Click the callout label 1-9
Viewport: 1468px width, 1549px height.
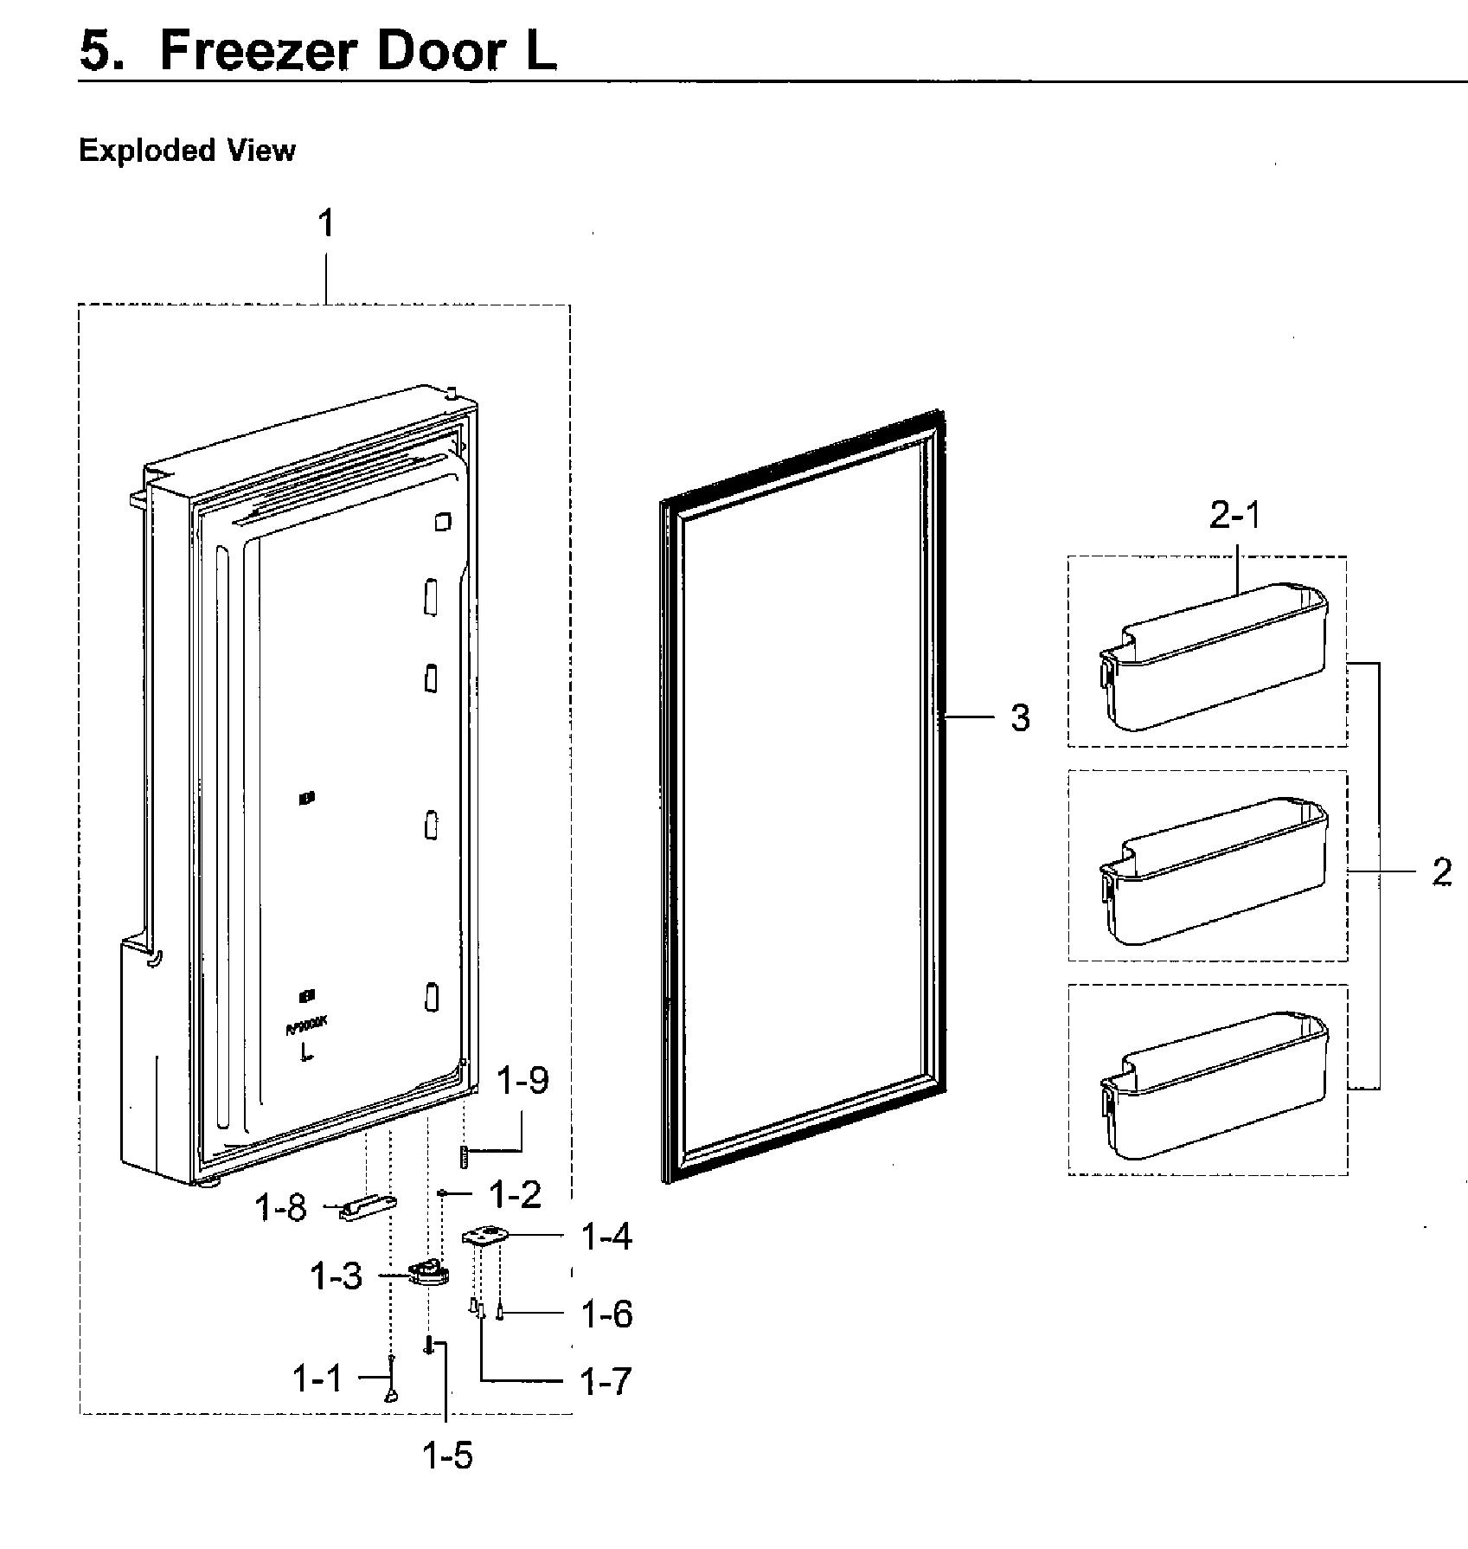523,1081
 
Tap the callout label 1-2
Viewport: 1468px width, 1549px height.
515,1195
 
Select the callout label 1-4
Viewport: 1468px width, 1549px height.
606,1237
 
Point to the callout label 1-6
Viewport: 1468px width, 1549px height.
606,1314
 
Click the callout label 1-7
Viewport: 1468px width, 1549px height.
605,1382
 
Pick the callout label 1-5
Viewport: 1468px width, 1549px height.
447,1456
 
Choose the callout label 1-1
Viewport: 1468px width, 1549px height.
317,1379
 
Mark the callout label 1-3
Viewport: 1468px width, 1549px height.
336,1276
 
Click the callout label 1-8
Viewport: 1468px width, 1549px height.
280,1207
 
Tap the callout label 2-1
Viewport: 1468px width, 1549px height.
1234,517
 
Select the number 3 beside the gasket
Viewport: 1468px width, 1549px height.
1020,717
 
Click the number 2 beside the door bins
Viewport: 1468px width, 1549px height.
1441,872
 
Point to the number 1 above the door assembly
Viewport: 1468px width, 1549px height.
325,225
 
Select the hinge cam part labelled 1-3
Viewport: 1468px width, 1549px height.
428,1275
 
